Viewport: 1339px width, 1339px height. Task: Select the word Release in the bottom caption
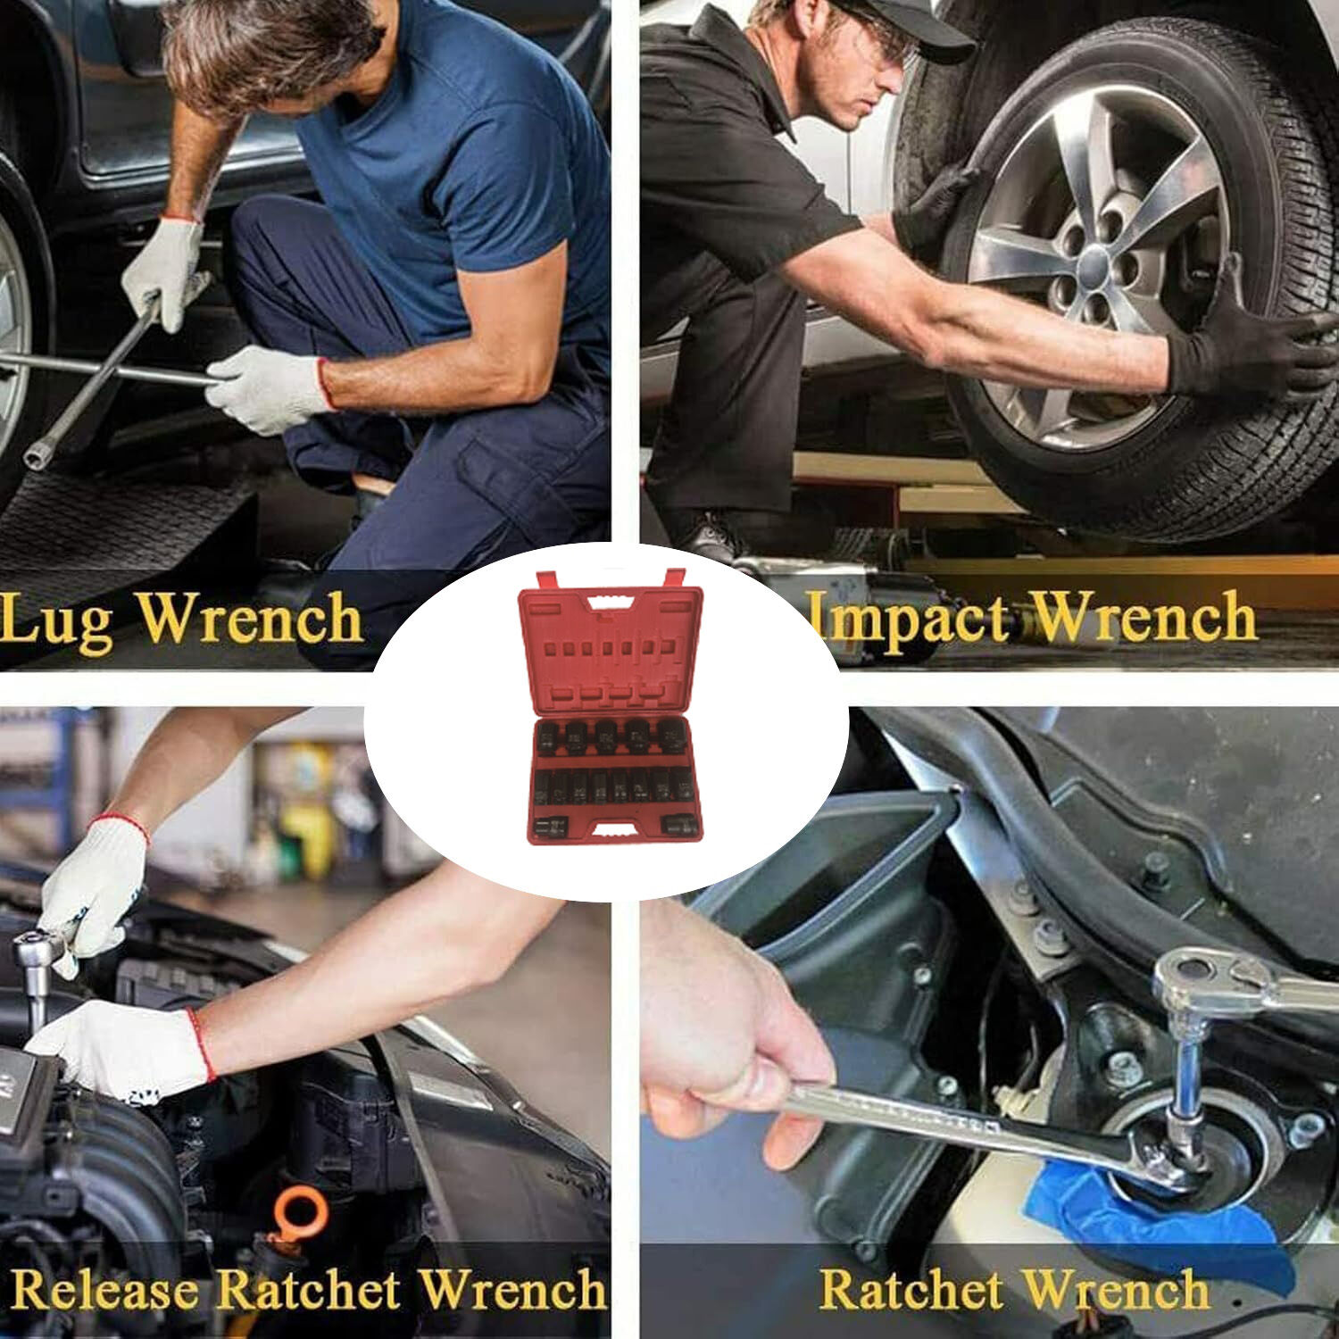pos(106,1291)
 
